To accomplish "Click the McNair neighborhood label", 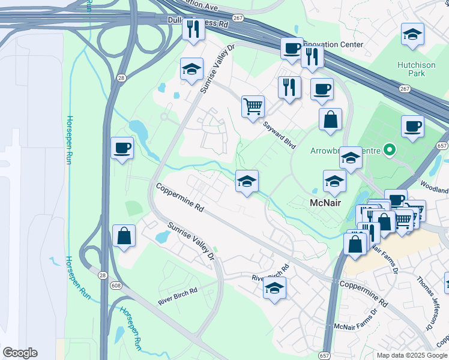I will tap(326, 203).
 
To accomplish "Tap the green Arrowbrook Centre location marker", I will tap(390, 149).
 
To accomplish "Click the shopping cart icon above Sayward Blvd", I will tap(253, 107).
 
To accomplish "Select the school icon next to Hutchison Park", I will tap(412, 34).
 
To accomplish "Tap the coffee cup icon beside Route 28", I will tap(122, 148).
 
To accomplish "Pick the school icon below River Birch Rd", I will tap(274, 288).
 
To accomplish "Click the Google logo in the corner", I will tap(20, 353).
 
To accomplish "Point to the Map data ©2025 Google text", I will tap(412, 355).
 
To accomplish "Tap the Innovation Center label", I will tap(333, 44).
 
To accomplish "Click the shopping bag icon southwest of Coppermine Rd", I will tap(124, 236).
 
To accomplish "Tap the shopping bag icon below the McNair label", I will tap(355, 245).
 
